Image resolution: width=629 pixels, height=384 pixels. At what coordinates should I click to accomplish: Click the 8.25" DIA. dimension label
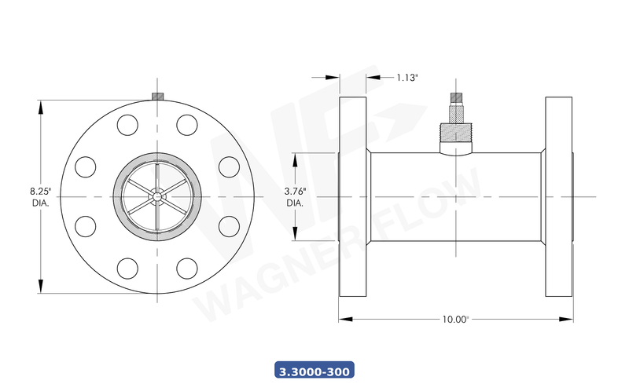click(x=39, y=196)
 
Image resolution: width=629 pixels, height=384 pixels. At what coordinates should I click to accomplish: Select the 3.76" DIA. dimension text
click(x=295, y=196)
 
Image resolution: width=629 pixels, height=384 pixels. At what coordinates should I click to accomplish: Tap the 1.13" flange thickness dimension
click(x=406, y=78)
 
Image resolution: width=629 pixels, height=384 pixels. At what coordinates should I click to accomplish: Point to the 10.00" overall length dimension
click(x=455, y=319)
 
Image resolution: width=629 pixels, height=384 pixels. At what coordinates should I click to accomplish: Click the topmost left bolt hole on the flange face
click(x=127, y=124)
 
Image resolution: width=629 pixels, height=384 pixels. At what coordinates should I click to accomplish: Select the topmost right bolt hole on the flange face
click(x=186, y=124)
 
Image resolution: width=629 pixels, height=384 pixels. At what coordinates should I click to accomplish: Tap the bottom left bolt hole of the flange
click(x=127, y=267)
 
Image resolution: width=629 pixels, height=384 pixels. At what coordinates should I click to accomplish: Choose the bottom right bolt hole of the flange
click(x=186, y=267)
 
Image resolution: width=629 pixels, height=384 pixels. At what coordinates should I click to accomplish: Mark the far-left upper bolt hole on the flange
click(x=85, y=166)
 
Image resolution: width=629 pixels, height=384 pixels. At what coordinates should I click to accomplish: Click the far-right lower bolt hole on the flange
click(x=229, y=225)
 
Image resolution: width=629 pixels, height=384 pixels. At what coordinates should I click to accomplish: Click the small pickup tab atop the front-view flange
click(x=156, y=97)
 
